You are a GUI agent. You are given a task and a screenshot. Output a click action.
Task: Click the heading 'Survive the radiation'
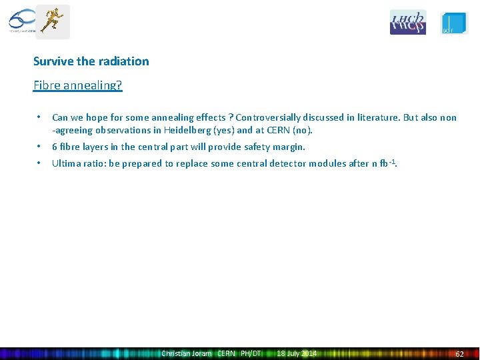91,61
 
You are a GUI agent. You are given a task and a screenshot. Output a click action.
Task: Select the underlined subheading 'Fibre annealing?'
78,85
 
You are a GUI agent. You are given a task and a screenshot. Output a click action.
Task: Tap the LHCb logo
407,22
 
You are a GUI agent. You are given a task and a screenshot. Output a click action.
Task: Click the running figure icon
52,21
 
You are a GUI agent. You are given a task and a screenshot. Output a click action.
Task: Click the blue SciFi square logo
454,23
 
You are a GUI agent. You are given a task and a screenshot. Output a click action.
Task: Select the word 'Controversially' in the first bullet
267,117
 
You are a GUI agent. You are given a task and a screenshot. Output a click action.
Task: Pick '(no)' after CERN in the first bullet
301,130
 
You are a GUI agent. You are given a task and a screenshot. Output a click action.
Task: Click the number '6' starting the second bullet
55,147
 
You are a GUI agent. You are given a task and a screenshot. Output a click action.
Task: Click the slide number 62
459,353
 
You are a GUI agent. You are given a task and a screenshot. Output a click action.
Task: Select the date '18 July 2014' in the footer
297,353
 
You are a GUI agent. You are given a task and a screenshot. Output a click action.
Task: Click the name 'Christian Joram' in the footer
187,353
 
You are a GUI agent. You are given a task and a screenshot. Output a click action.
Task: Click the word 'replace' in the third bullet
193,163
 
